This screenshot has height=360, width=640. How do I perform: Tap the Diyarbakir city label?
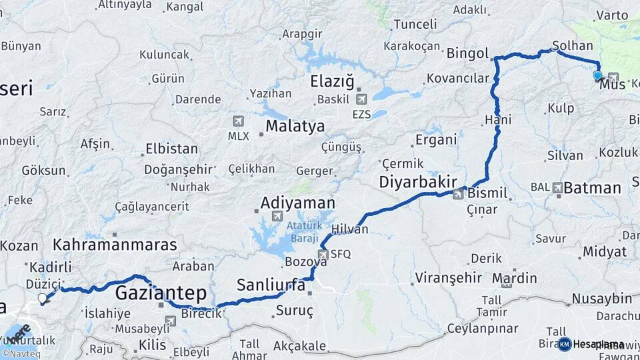[x=418, y=182]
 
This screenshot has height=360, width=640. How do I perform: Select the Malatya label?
[x=295, y=126]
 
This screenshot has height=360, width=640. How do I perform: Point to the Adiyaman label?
[x=298, y=202]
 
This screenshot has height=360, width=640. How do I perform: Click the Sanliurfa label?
[x=271, y=285]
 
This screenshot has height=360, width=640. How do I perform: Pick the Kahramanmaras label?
[x=115, y=244]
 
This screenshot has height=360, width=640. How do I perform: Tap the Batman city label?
[x=592, y=188]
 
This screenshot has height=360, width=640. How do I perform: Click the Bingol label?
[x=467, y=53]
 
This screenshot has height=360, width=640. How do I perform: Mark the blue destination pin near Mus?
[x=597, y=76]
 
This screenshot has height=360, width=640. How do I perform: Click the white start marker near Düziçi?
[x=43, y=299]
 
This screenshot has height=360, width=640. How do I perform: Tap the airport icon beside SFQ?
[x=324, y=254]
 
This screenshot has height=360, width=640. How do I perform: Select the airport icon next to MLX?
[x=238, y=121]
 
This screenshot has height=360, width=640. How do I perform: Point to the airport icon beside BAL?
[x=557, y=188]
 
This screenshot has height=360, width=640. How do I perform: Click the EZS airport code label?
[x=361, y=115]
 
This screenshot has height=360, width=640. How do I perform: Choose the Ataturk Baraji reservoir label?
[x=305, y=231]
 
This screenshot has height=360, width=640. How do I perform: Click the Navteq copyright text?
[x=21, y=354]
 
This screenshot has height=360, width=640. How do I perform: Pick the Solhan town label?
[x=572, y=46]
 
